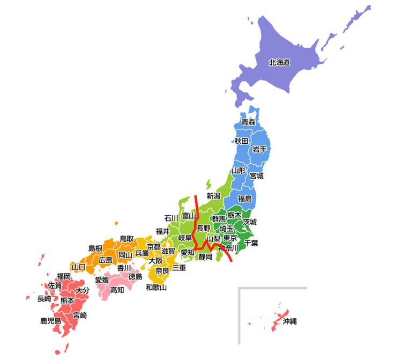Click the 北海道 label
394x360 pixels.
coord(279,63)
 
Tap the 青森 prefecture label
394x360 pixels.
coord(248,122)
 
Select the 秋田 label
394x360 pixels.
coord(241,141)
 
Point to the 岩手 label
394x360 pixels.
coord(260,149)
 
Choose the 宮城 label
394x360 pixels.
coord(256,175)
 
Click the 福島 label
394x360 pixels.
coord(245,199)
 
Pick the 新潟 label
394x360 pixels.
coord(214,196)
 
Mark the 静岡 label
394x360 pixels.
coord(205,256)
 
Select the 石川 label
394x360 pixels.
coord(172,218)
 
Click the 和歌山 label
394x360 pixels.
coord(157,288)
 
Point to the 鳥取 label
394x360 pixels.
coord(127,239)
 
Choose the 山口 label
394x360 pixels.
coord(78,267)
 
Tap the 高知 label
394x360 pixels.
coord(117,290)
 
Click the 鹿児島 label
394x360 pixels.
coord(51,321)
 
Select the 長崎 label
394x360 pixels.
coord(44,298)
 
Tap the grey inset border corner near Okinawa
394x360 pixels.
coord(240,289)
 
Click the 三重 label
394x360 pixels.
coord(179,267)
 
